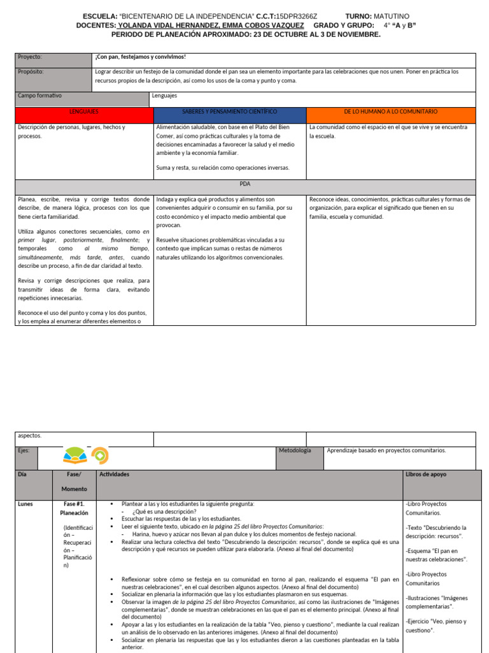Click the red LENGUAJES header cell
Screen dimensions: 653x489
point(84,112)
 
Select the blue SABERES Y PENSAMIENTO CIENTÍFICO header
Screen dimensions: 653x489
point(230,112)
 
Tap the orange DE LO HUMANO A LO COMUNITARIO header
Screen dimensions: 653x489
point(390,112)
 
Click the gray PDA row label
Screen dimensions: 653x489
point(245,184)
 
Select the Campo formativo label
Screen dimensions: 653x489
point(40,96)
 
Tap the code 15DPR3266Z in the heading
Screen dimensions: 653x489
point(293,16)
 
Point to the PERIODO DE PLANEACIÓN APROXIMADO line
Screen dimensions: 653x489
point(244,34)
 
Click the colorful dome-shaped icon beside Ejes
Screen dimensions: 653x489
point(76,456)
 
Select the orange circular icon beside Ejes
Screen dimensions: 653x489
point(101,456)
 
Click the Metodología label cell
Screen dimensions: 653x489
point(294,450)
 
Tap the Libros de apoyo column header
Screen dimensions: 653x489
point(426,475)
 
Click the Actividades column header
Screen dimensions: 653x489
point(115,475)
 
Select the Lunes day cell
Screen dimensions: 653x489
point(25,504)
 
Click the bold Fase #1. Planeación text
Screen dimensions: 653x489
point(74,508)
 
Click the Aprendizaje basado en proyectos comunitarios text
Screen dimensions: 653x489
point(386,450)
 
